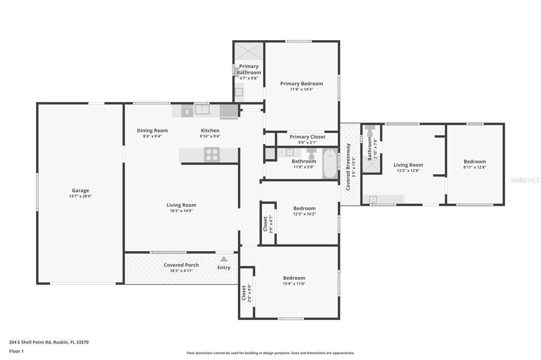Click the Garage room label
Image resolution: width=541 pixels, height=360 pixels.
coord(80,191)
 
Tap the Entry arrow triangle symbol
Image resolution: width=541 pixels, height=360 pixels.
coord(223,259)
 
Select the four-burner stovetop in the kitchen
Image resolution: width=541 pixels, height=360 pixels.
coord(212,155)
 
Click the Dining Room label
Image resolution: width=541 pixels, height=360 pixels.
coord(152,130)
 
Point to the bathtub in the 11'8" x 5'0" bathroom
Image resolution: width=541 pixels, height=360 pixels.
coord(329,164)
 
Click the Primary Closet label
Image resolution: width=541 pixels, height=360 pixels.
coord(307,137)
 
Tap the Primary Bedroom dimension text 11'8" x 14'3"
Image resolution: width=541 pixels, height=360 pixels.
coord(301,90)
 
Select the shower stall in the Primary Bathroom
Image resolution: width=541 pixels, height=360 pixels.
coord(248,52)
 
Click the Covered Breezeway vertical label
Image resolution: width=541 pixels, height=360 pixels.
coord(348,167)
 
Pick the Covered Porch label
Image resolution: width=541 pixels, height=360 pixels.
coord(181,265)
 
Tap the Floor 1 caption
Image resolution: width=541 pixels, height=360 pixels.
coord(18,351)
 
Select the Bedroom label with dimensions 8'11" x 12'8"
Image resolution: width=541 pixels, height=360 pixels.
coord(474,162)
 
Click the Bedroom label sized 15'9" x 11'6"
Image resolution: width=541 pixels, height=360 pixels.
coord(294,278)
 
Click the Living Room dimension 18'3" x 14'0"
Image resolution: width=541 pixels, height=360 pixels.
coord(181,211)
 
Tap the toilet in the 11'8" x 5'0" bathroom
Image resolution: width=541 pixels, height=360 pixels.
coord(311,154)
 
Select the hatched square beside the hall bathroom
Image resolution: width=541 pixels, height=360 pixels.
coord(270,153)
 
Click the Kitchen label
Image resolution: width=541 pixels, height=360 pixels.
coord(210,130)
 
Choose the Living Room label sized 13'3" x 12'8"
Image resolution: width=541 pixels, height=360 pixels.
coord(408,165)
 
